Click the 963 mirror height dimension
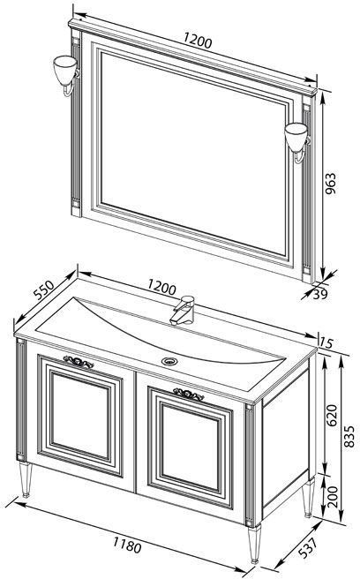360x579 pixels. [x=331, y=184]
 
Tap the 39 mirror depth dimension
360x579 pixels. [x=320, y=294]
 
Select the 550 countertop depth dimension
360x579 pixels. [x=43, y=289]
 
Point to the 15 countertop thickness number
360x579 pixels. [x=326, y=342]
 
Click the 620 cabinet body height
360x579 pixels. [x=332, y=416]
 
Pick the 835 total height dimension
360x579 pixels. [x=349, y=437]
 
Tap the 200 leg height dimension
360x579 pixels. [x=333, y=497]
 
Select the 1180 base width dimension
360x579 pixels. [x=127, y=545]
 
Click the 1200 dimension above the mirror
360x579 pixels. [x=198, y=41]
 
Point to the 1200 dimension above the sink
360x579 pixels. [x=161, y=287]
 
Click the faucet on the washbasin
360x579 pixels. [x=183, y=310]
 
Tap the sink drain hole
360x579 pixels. [x=169, y=361]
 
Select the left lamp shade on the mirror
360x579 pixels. [x=64, y=70]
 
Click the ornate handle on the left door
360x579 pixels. [x=79, y=362]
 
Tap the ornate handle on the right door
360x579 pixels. [x=189, y=395]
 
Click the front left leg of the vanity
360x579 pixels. [x=26, y=479]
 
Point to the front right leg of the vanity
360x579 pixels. [x=254, y=545]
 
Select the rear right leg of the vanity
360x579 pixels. [x=308, y=498]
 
